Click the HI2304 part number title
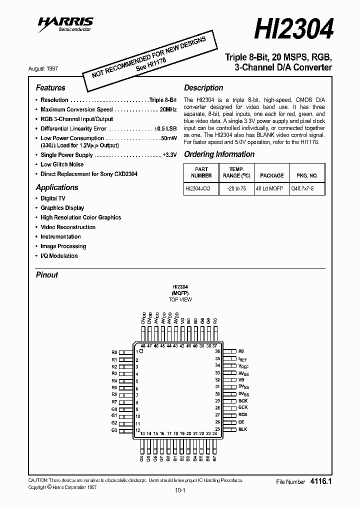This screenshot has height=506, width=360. click(x=293, y=29)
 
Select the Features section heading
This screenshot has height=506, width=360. click(x=50, y=87)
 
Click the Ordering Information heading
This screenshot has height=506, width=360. click(x=219, y=154)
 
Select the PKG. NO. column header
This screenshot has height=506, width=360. click(x=307, y=175)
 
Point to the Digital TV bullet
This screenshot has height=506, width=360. click(x=53, y=198)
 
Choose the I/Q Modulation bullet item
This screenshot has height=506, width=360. click(x=59, y=256)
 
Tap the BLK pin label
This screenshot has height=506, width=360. click(x=242, y=429)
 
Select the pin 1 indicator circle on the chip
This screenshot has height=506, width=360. click(x=141, y=352)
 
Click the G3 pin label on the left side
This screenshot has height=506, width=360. click(x=114, y=430)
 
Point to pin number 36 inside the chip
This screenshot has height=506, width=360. click(x=217, y=352)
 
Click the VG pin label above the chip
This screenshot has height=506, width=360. click(x=182, y=321)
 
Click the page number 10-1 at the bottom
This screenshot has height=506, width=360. click(x=180, y=490)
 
